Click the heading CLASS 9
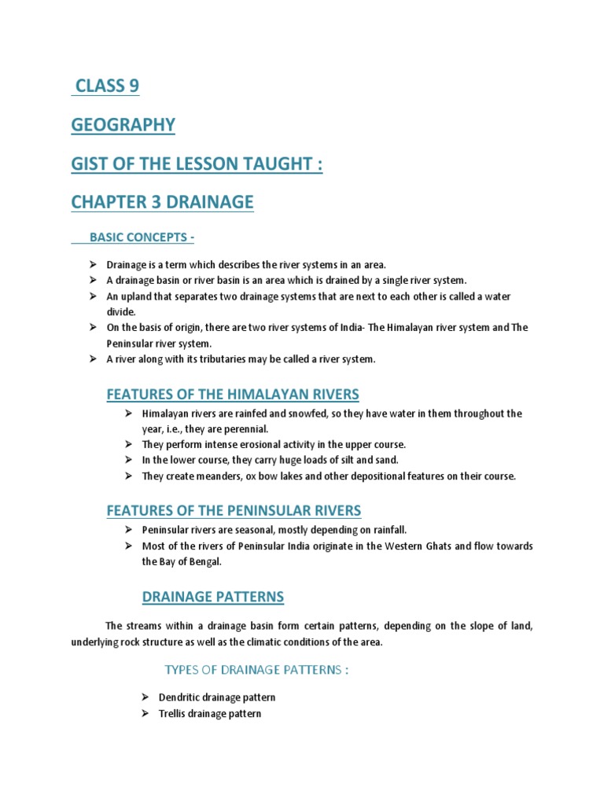107,86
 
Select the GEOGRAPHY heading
123,125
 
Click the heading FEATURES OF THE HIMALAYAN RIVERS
232,394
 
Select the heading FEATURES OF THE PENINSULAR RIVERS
234,511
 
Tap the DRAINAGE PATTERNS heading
212,597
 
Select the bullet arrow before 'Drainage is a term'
93,264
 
